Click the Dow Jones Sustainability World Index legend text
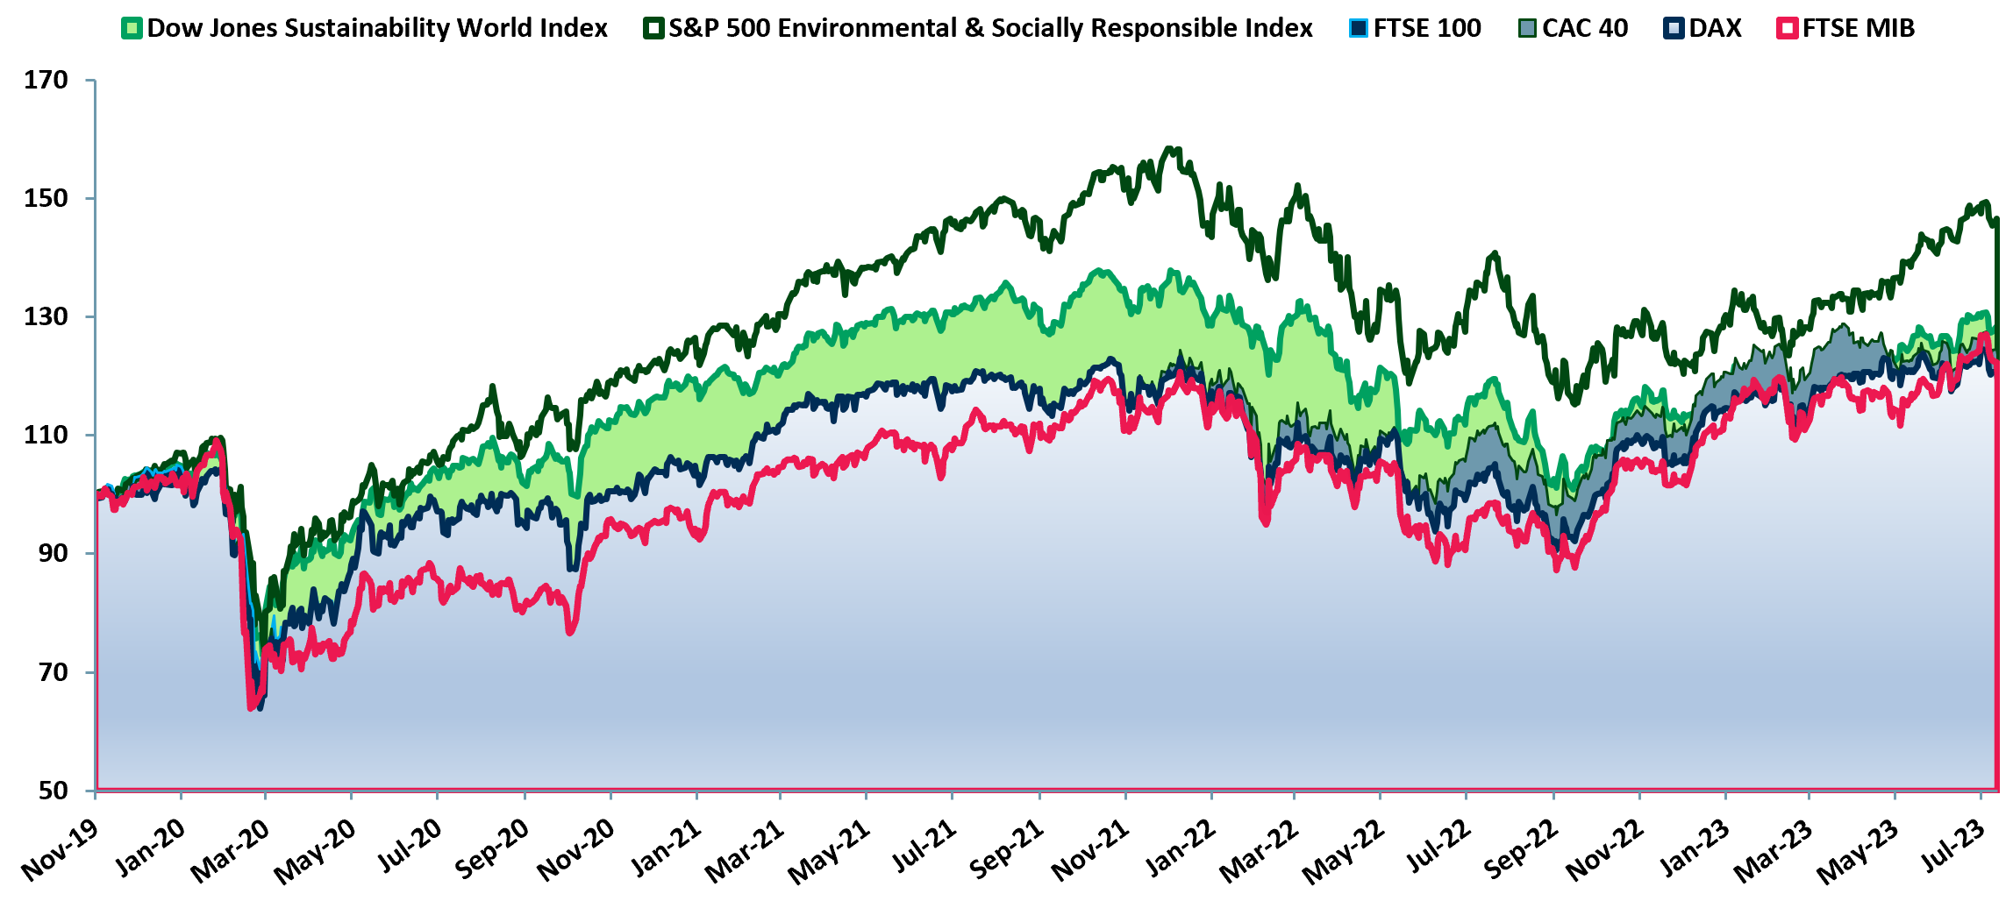click(377, 28)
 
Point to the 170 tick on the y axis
click(46, 81)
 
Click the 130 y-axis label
click(46, 317)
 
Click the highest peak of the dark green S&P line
click(1168, 148)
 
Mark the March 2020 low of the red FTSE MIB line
click(252, 706)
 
